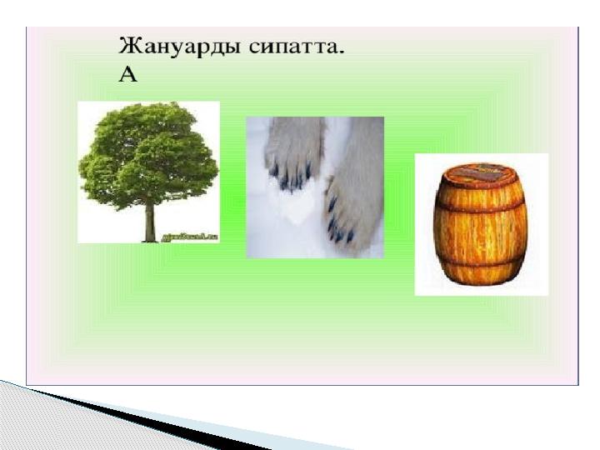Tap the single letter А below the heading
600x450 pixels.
tap(127, 75)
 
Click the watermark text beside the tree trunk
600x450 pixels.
tap(193, 236)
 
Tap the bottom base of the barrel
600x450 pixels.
tap(481, 279)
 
